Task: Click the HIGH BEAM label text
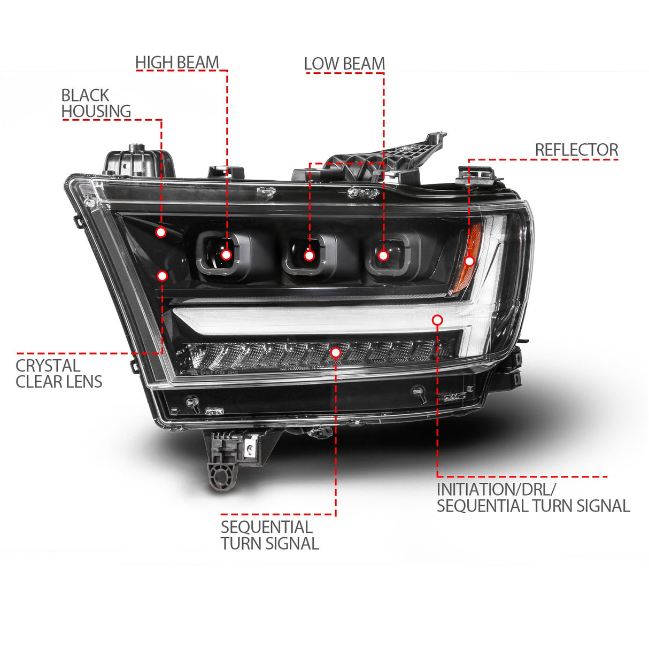pyautogui.click(x=177, y=63)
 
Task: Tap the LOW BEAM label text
pyautogui.click(x=344, y=64)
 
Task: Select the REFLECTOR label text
pyautogui.click(x=576, y=150)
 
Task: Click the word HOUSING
pyautogui.click(x=96, y=111)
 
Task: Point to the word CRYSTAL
pyautogui.click(x=48, y=366)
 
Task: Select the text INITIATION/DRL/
pyautogui.click(x=497, y=489)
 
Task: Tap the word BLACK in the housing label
pyautogui.click(x=85, y=95)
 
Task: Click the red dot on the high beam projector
pyautogui.click(x=226, y=254)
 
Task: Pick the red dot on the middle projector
pyautogui.click(x=309, y=256)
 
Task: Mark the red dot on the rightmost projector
pyautogui.click(x=383, y=256)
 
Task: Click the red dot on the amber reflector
pyautogui.click(x=469, y=261)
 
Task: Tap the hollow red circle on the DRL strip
pyautogui.click(x=437, y=320)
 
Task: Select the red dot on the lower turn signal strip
pyautogui.click(x=335, y=352)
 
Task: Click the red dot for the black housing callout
pyautogui.click(x=161, y=232)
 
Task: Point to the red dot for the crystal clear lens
pyautogui.click(x=162, y=276)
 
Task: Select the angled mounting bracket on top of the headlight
pyautogui.click(x=396, y=155)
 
